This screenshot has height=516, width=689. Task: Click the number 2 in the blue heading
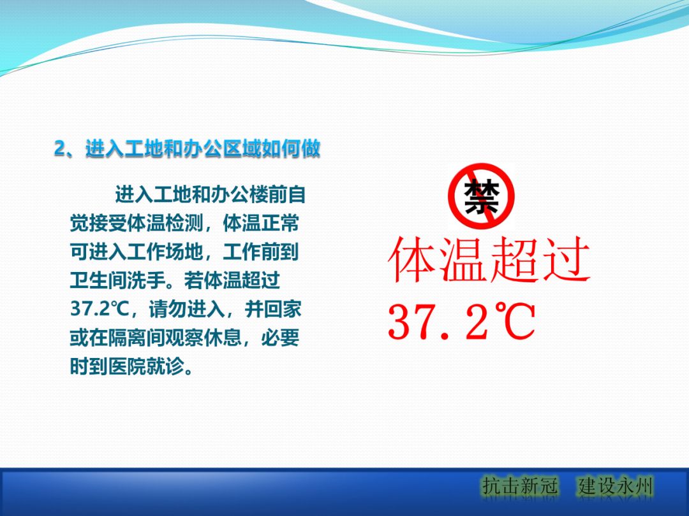point(60,149)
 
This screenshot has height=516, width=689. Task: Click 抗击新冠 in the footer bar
point(519,487)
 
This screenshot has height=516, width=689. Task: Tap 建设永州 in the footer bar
point(616,487)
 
